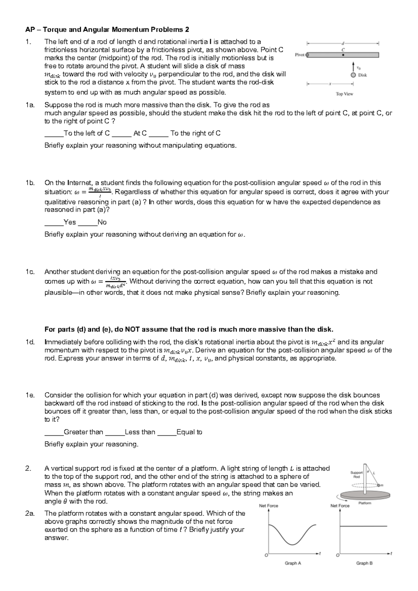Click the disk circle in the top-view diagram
pos(354,75)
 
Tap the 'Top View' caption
pos(344,94)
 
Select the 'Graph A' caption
pos(293,563)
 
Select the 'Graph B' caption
pos(364,563)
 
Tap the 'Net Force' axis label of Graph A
pos(269,506)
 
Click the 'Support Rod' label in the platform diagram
pos(356,474)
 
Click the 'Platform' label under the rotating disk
pos(365,503)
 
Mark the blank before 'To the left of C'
pos(54,134)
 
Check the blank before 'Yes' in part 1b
pos(54,223)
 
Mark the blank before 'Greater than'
pos(54,433)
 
